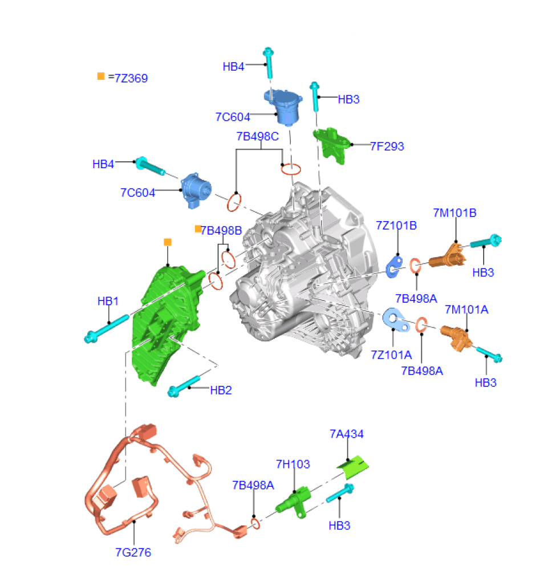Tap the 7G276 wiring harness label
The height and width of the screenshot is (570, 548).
pos(133,552)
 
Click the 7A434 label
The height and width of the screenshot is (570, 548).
pos(347,434)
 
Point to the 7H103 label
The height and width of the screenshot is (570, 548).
pos(293,465)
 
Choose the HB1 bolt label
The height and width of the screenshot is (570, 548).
pos(108,301)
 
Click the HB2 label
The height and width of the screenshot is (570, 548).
pos(221,390)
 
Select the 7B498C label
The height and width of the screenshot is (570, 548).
pos(258,137)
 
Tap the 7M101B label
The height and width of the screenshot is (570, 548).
pos(454,213)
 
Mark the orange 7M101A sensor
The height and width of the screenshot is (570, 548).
pos(458,336)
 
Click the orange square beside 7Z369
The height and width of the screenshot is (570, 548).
pos(101,76)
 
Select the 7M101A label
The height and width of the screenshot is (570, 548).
pos(467,310)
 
